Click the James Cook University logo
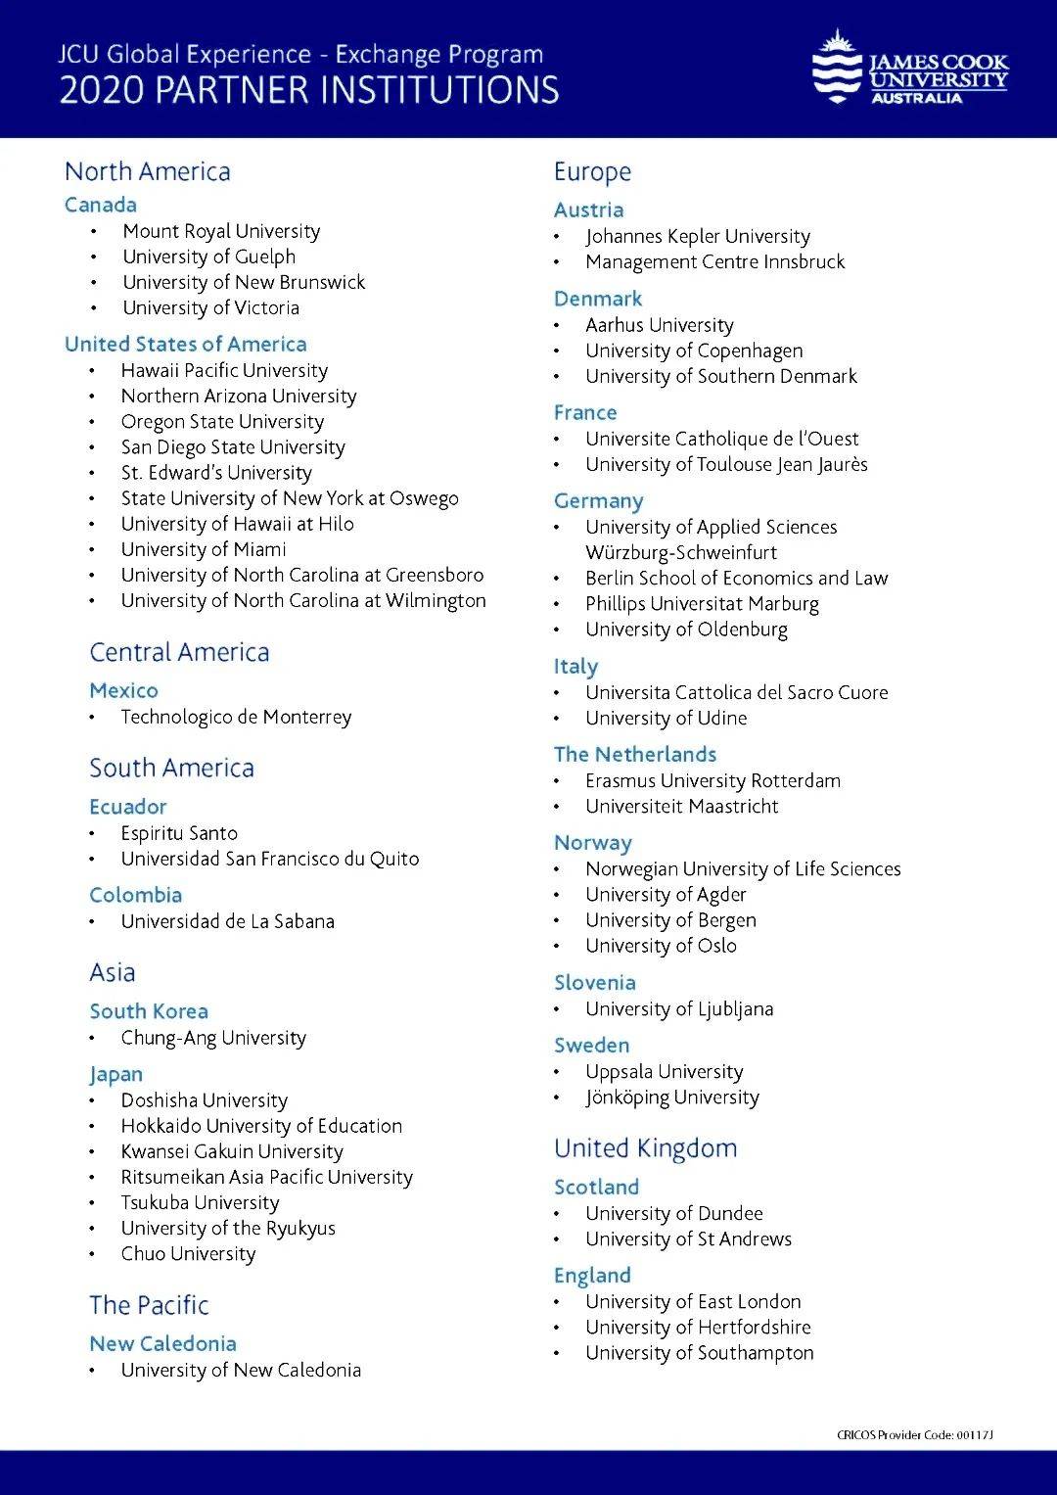point(909,69)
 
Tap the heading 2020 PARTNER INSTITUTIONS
point(309,91)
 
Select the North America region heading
point(148,171)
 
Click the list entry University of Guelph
point(208,257)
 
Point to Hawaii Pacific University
point(224,370)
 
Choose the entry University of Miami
point(204,549)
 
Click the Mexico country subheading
point(123,690)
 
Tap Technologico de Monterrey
point(236,717)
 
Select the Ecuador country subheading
point(128,807)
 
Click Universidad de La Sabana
point(227,921)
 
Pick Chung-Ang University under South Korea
point(213,1038)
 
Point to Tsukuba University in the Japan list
point(200,1202)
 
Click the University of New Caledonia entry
point(241,1370)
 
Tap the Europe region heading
point(592,172)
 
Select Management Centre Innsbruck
point(714,261)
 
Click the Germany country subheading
point(598,501)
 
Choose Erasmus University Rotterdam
point(712,780)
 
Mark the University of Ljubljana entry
point(679,1008)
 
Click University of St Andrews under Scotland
point(688,1238)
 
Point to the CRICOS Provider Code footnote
point(914,1435)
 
